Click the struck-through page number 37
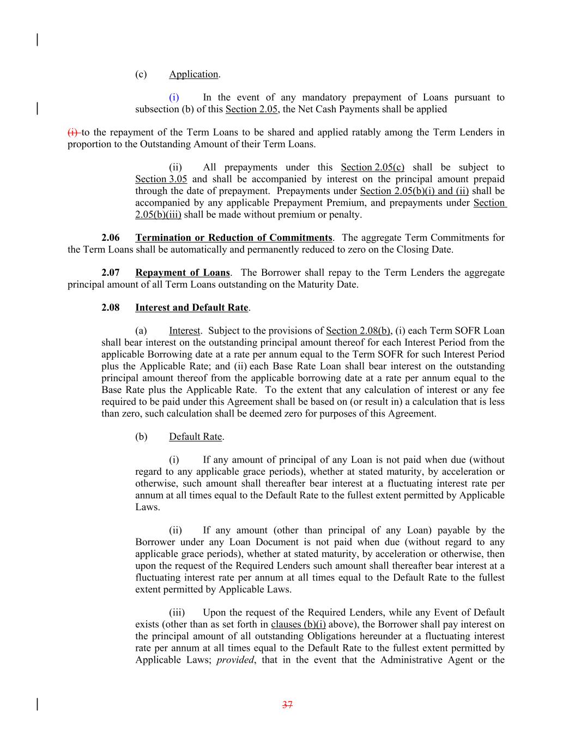click(x=287, y=705)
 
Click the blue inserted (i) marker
click(x=174, y=98)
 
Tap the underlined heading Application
click(x=193, y=74)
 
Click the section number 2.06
click(x=111, y=238)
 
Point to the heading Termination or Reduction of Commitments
click(x=233, y=238)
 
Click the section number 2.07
click(x=111, y=273)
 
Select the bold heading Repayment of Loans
click(x=183, y=273)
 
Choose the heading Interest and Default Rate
click(x=192, y=307)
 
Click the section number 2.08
click(x=111, y=307)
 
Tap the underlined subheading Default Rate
click(x=196, y=437)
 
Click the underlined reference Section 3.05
click(x=161, y=179)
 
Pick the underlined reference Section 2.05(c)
click(x=373, y=167)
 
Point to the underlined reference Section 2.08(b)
click(x=358, y=331)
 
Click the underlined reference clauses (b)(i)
click(x=298, y=625)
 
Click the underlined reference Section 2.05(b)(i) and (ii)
click(x=414, y=191)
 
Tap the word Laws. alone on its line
click(x=148, y=507)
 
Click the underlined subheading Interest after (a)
click(x=184, y=331)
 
